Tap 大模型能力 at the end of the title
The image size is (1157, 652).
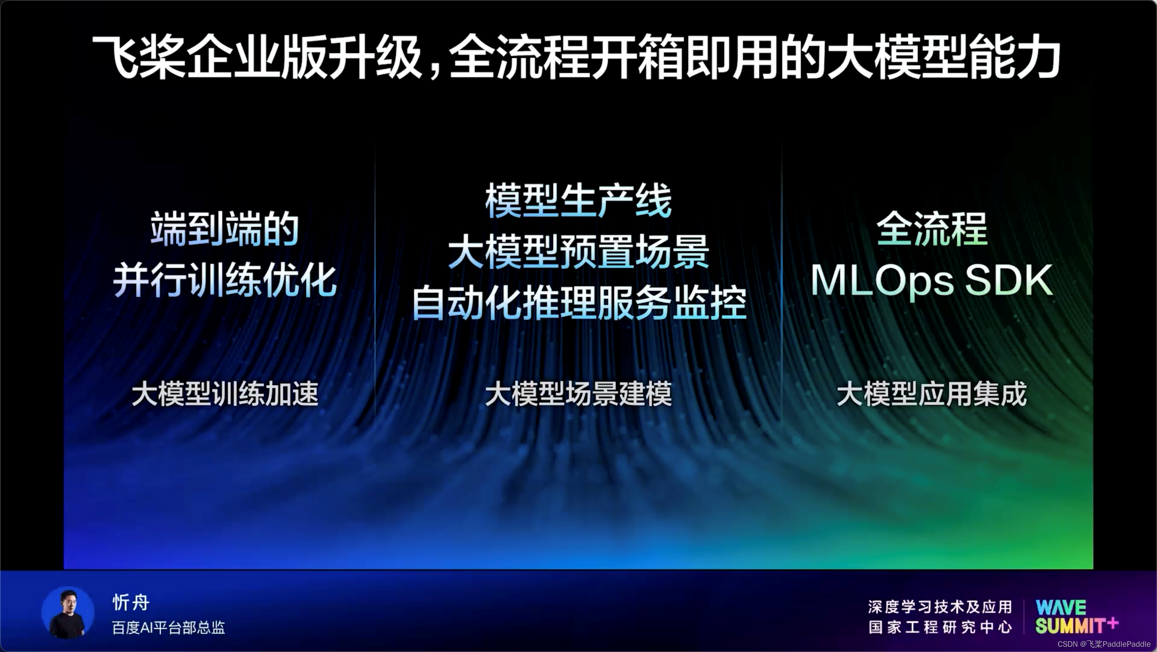click(x=943, y=57)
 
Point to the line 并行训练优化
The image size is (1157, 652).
click(x=225, y=281)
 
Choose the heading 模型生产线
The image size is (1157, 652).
click(x=578, y=201)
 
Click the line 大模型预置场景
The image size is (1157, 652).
click(x=578, y=252)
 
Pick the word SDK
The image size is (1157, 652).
click(x=1008, y=281)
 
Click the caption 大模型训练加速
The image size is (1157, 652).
click(x=225, y=394)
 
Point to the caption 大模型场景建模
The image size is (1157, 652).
click(x=578, y=394)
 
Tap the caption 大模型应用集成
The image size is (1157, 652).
click(x=932, y=394)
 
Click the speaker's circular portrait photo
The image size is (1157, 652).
click(x=68, y=613)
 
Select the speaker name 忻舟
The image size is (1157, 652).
click(x=131, y=603)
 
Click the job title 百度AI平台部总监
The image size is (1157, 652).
click(x=168, y=628)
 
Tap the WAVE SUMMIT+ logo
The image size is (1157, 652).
click(x=1075, y=617)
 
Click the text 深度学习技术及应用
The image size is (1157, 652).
click(x=940, y=607)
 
